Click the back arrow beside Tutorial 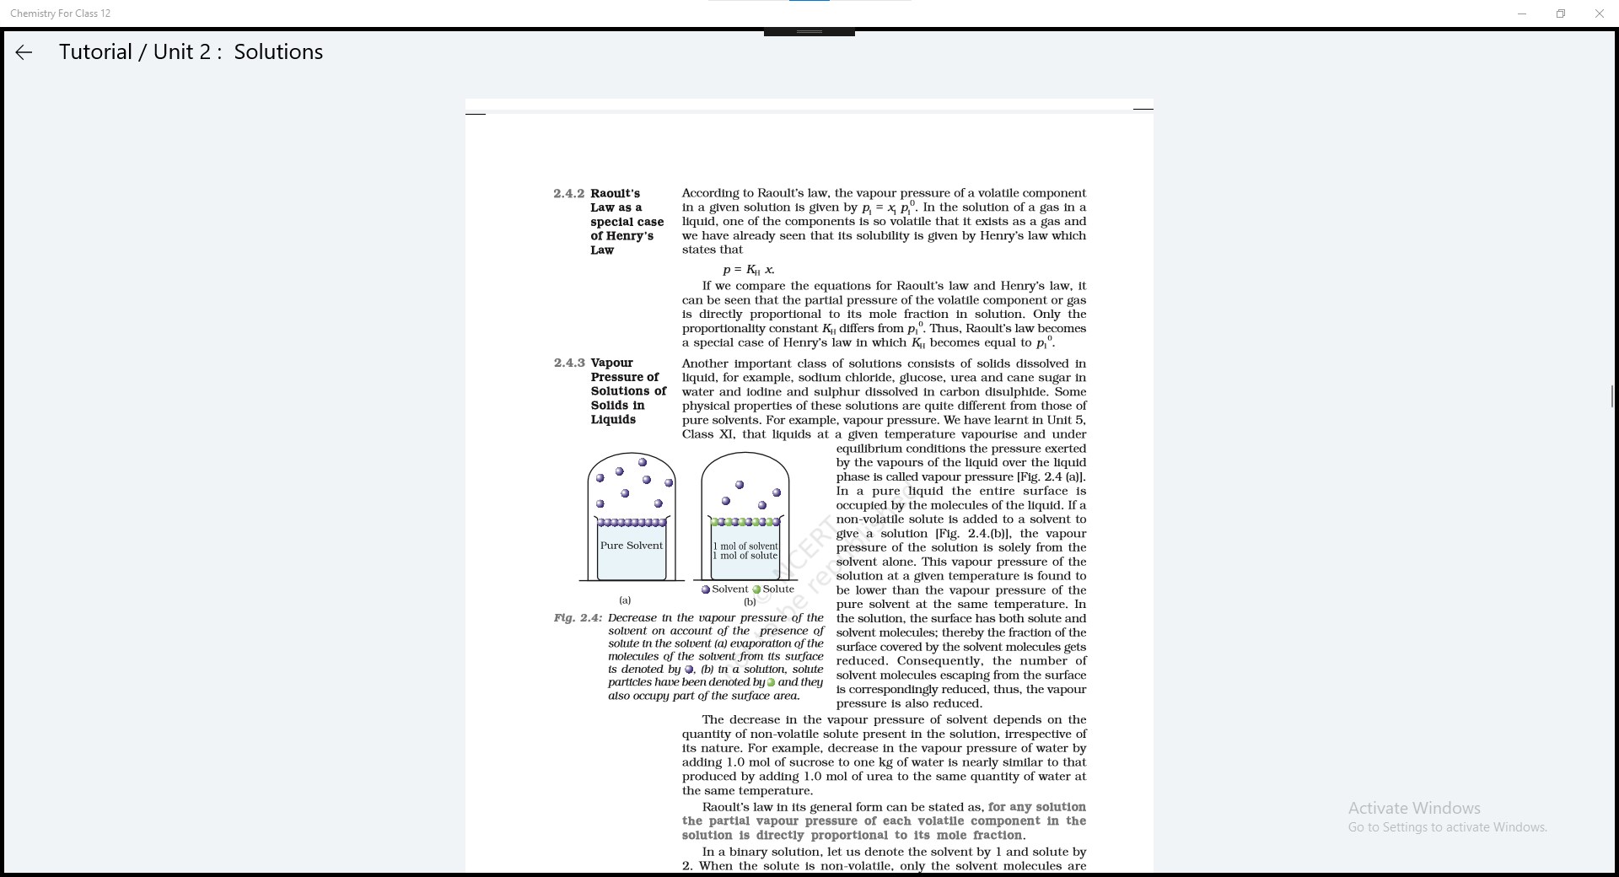click(x=24, y=52)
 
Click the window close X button click(x=1599, y=13)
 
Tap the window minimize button click(x=1522, y=13)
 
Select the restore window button click(x=1561, y=13)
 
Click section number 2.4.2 click(x=568, y=194)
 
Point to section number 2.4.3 click(x=568, y=363)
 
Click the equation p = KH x click(x=749, y=270)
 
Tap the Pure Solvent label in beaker click(x=632, y=546)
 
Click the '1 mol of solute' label click(x=745, y=556)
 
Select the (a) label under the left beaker click(x=625, y=600)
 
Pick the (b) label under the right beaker click(x=750, y=602)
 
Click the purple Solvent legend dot click(x=706, y=589)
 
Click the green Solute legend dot click(x=756, y=589)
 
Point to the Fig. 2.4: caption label click(x=578, y=618)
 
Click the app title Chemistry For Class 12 click(x=60, y=13)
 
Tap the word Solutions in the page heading click(x=278, y=52)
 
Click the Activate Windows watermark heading click(x=1414, y=808)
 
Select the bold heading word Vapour click(x=611, y=363)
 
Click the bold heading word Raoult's click(x=615, y=194)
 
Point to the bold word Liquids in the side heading click(x=613, y=420)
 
